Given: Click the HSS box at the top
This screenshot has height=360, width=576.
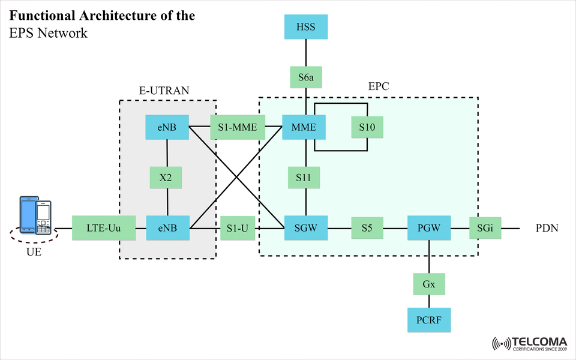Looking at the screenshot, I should pos(306,27).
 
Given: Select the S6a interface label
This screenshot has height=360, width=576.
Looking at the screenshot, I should pos(306,77).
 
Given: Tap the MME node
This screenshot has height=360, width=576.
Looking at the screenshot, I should pos(306,127).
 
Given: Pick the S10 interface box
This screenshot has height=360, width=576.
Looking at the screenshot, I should pos(367,127).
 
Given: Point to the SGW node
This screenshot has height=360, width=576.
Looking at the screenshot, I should pos(306,228).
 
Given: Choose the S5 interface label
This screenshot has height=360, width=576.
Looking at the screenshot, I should pos(367,228).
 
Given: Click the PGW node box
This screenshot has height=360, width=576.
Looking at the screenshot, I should pos(428,228).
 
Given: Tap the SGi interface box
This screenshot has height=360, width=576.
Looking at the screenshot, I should pos(485,228).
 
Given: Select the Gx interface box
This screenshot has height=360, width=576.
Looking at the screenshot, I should pos(428,284).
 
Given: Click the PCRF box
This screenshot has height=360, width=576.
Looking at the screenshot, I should pos(428,320).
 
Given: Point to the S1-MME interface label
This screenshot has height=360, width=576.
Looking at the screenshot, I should pos(238,127).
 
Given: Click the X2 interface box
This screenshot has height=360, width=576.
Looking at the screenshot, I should pos(166,178).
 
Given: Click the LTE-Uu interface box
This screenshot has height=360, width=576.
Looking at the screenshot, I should pos(100,228).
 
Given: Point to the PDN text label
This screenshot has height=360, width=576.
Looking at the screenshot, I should pos(547,229).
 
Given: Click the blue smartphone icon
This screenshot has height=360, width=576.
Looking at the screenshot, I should pos(28,214).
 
